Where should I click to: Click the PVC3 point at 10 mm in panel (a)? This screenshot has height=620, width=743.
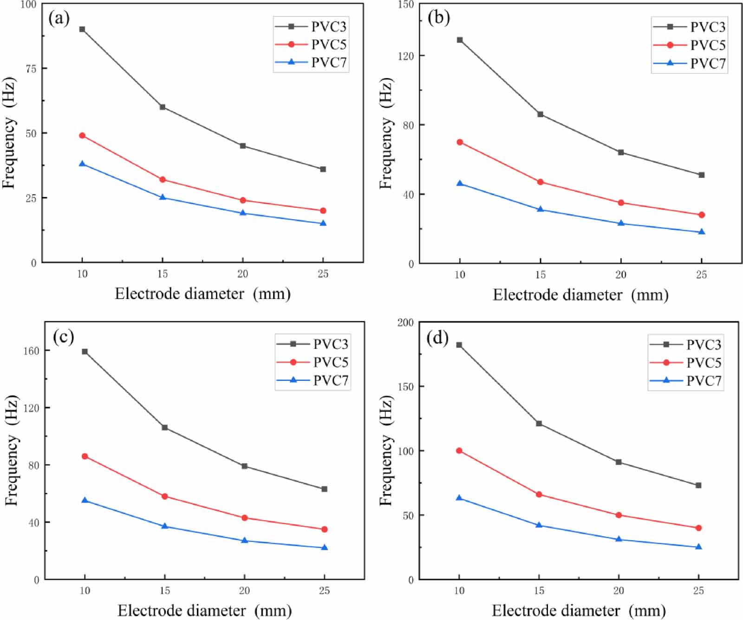pyautogui.click(x=82, y=29)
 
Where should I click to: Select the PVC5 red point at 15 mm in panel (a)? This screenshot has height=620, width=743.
pyautogui.click(x=163, y=180)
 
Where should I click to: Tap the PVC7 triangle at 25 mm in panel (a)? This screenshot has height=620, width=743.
pyautogui.click(x=323, y=223)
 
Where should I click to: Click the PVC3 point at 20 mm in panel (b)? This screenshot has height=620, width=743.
pyautogui.click(x=621, y=152)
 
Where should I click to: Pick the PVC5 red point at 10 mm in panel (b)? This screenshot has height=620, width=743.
pyautogui.click(x=460, y=142)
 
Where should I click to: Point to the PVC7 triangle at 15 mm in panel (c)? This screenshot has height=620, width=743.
pyautogui.click(x=164, y=526)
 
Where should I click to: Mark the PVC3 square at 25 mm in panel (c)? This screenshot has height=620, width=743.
pyautogui.click(x=325, y=489)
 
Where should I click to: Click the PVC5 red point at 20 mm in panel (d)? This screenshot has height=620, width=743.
pyautogui.click(x=619, y=515)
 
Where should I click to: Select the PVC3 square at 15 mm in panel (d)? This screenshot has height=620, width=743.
pyautogui.click(x=539, y=424)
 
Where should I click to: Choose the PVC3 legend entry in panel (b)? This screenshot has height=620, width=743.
pyautogui.click(x=690, y=27)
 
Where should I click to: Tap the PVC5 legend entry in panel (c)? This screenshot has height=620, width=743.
pyautogui.click(x=313, y=362)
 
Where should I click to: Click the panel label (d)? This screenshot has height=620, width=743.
pyautogui.click(x=437, y=338)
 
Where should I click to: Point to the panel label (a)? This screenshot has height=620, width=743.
pyautogui.click(x=59, y=19)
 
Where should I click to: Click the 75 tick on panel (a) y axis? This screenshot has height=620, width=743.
pyautogui.click(x=31, y=69)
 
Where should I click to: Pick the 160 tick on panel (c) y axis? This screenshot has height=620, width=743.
pyautogui.click(x=31, y=351)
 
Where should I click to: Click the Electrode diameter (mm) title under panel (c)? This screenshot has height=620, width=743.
pyautogui.click(x=204, y=610)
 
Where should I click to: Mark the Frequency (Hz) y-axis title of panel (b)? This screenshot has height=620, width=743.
pyautogui.click(x=386, y=133)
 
